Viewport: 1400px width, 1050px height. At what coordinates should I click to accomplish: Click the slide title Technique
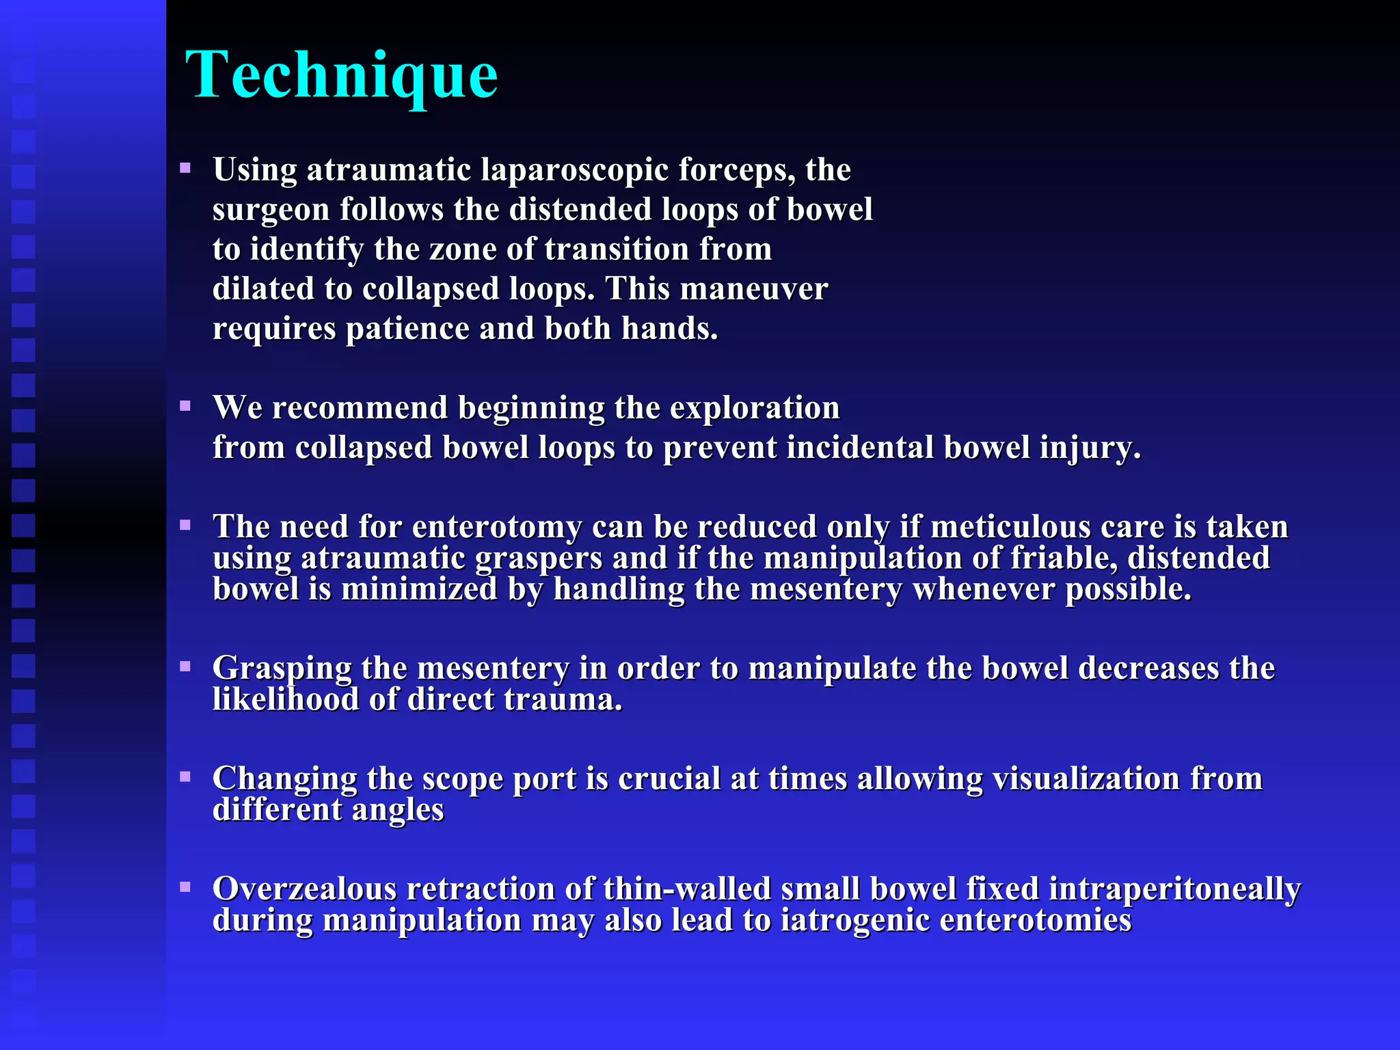[342, 75]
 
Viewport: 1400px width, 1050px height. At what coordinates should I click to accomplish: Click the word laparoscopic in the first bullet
[574, 170]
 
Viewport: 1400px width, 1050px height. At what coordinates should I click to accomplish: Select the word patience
[407, 329]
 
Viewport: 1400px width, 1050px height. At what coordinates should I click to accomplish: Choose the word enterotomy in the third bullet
[497, 527]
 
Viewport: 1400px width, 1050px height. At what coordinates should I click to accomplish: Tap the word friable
[1064, 558]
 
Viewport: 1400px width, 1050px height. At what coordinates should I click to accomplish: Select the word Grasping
[282, 669]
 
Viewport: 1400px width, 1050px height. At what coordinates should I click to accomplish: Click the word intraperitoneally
[1174, 889]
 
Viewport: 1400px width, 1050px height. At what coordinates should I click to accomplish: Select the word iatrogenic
[854, 921]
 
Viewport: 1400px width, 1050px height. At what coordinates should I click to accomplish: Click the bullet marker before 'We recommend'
[185, 406]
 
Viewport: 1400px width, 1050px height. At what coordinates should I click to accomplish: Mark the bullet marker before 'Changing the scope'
[185, 777]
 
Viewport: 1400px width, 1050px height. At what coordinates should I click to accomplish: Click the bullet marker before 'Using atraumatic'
[185, 167]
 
